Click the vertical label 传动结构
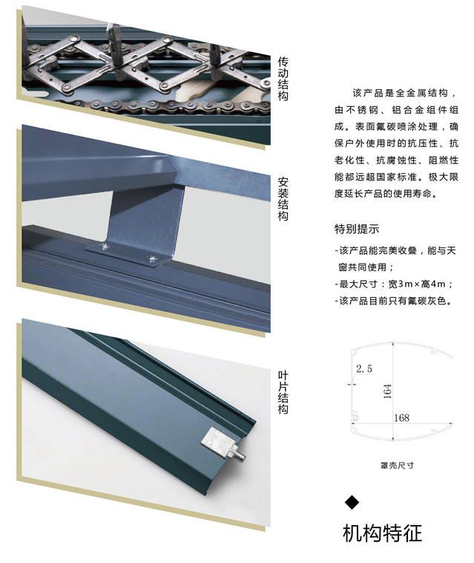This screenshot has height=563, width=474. pyautogui.click(x=283, y=78)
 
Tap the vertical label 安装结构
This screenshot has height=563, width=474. pyautogui.click(x=283, y=200)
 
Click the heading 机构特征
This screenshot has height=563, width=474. pyautogui.click(x=383, y=533)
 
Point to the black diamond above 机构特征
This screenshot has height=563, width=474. pyautogui.click(x=352, y=502)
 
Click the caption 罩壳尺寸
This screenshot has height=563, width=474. pyautogui.click(x=397, y=465)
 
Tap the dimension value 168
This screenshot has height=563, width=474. pyautogui.click(x=401, y=418)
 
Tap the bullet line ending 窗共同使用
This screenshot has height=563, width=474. pyautogui.click(x=366, y=267)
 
